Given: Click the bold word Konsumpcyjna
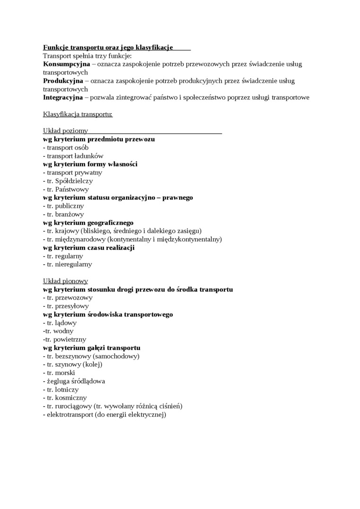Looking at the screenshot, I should [x=66, y=64].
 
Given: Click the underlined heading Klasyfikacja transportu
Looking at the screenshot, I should [x=78, y=114].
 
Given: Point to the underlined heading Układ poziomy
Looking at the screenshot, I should [x=65, y=131].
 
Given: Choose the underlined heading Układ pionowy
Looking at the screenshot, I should [x=65, y=281].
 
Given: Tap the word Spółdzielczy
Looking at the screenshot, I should [x=74, y=181].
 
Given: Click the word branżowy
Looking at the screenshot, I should [x=70, y=214].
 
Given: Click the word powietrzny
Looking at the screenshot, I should [x=70, y=339].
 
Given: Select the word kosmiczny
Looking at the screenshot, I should [x=71, y=398].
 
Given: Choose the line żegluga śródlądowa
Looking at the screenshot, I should [x=74, y=381].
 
